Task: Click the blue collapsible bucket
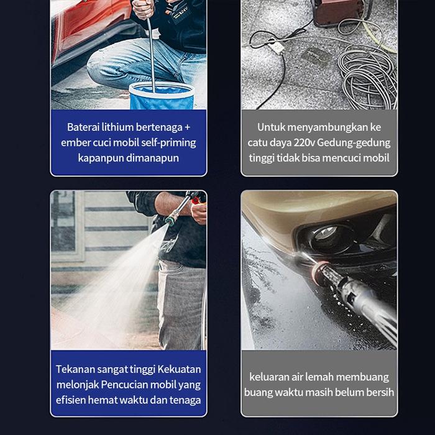[x=162, y=96]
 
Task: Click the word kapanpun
[x=101, y=158]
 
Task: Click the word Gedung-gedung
[x=354, y=143]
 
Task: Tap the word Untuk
[x=271, y=127]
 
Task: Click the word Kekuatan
[x=179, y=370]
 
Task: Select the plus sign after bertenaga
[x=188, y=127]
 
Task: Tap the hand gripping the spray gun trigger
[x=199, y=213]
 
